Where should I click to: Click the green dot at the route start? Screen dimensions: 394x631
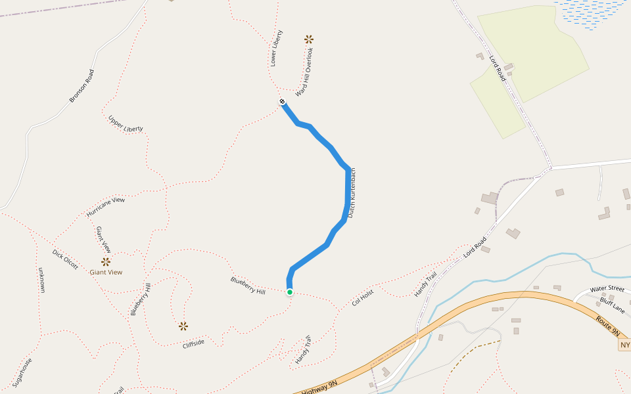click(289, 292)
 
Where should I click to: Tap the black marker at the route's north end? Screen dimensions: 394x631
click(282, 101)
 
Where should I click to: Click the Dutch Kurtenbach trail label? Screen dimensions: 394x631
click(352, 193)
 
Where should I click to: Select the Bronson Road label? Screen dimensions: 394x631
click(82, 86)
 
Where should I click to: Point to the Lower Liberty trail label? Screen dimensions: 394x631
click(276, 48)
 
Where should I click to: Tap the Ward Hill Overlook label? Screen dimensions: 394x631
click(304, 72)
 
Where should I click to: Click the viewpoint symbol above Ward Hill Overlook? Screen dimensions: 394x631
click(309, 39)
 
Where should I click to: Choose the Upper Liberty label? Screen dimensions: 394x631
click(126, 123)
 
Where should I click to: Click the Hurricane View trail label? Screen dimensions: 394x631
click(105, 208)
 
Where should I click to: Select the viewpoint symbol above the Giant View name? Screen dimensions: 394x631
click(106, 261)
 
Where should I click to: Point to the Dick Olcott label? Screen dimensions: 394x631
click(66, 259)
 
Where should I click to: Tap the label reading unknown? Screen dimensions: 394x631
click(41, 280)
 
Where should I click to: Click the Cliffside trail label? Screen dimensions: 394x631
click(193, 343)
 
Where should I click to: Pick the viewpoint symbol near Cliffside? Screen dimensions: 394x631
click(183, 326)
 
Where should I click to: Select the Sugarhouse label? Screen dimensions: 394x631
click(22, 372)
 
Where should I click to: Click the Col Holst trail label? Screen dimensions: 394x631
click(363, 297)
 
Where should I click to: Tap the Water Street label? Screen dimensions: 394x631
click(607, 289)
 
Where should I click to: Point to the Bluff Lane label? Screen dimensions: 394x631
click(612, 301)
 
